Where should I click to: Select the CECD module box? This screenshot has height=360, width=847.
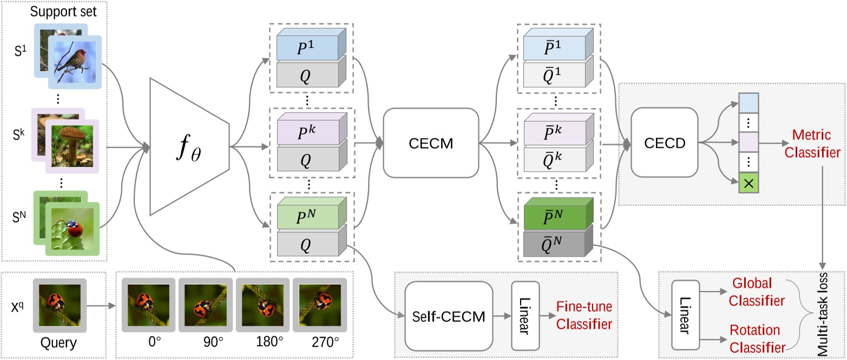tap(665, 142)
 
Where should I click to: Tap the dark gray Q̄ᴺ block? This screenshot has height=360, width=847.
tap(556, 246)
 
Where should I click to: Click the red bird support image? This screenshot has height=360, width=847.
tap(75, 61)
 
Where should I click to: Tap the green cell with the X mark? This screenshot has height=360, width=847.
tap(748, 183)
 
